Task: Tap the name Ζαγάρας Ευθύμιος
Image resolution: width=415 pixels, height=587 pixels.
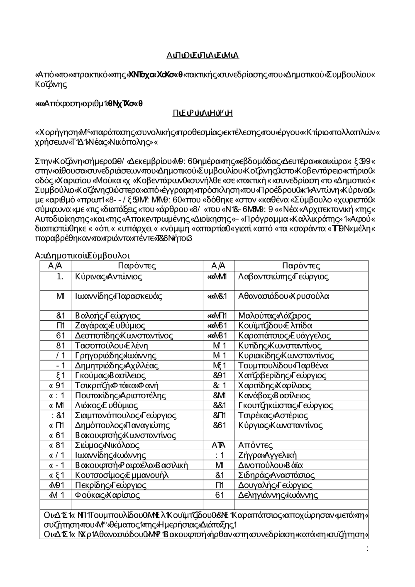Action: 110,326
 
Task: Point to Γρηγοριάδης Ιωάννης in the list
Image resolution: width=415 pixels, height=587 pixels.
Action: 116,356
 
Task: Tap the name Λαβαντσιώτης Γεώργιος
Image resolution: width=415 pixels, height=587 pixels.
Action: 283,277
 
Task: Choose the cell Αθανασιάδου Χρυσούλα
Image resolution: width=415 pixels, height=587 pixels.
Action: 284,296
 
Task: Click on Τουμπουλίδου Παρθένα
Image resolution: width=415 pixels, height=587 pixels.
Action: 283,365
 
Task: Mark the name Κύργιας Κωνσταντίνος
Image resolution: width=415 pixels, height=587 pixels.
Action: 281,425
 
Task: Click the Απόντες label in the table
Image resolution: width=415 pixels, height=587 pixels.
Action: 256,446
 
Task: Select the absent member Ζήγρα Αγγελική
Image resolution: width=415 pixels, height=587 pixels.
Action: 268,455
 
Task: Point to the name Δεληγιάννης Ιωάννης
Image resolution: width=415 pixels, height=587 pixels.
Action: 278,495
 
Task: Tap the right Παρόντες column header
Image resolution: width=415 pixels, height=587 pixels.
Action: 301,266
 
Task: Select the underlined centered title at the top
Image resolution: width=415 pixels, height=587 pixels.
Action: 203,56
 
